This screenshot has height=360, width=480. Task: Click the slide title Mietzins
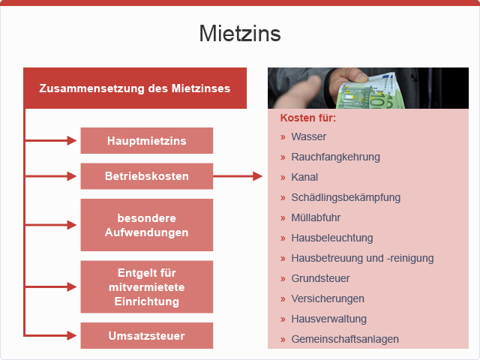coord(240,33)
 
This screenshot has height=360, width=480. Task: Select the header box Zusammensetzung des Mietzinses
coord(135,88)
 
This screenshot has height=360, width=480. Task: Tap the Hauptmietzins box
coord(147,140)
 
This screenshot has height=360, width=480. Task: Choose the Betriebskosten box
coord(147,176)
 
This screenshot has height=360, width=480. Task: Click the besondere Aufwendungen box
coord(147,225)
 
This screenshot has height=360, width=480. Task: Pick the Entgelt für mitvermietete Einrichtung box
coord(147,286)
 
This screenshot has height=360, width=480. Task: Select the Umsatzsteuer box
coord(147,335)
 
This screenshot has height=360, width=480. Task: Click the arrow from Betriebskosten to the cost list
coord(238,176)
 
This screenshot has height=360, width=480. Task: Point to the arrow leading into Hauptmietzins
coord(50,140)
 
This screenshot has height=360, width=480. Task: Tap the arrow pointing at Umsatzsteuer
coord(50,335)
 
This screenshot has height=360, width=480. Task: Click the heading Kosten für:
coord(308,118)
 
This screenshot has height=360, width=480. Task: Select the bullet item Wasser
coord(308,136)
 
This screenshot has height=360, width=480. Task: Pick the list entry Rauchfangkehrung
coord(335,157)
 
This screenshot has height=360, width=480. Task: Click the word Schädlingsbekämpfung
coord(346,197)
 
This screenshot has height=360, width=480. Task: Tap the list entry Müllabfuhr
coord(316,217)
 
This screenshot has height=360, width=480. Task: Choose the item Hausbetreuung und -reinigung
coord(362,258)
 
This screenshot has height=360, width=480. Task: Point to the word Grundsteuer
coord(320,278)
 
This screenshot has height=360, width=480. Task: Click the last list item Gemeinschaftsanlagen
coord(345,339)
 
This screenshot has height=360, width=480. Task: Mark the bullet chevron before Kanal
coord(283,178)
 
